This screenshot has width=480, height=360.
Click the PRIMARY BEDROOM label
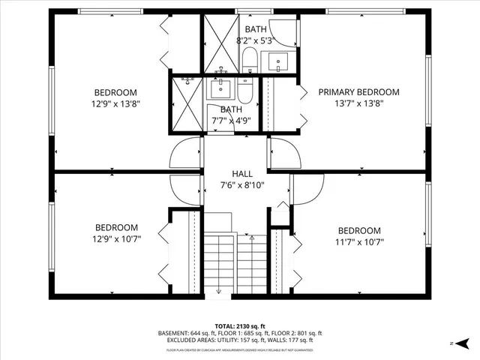click(358, 92)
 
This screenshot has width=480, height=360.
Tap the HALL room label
click(242, 173)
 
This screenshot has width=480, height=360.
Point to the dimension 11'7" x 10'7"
click(358, 242)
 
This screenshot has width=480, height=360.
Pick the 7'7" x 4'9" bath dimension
click(231, 120)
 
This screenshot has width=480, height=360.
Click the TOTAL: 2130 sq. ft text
click(239, 326)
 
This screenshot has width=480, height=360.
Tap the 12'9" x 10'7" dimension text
click(116, 239)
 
